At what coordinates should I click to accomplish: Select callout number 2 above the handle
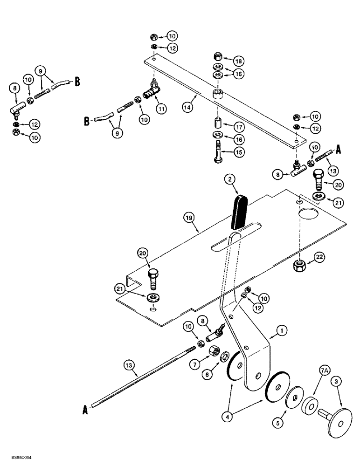point(228,179)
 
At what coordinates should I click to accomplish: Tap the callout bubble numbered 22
point(318,257)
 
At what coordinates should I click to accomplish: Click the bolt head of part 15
point(218,161)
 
